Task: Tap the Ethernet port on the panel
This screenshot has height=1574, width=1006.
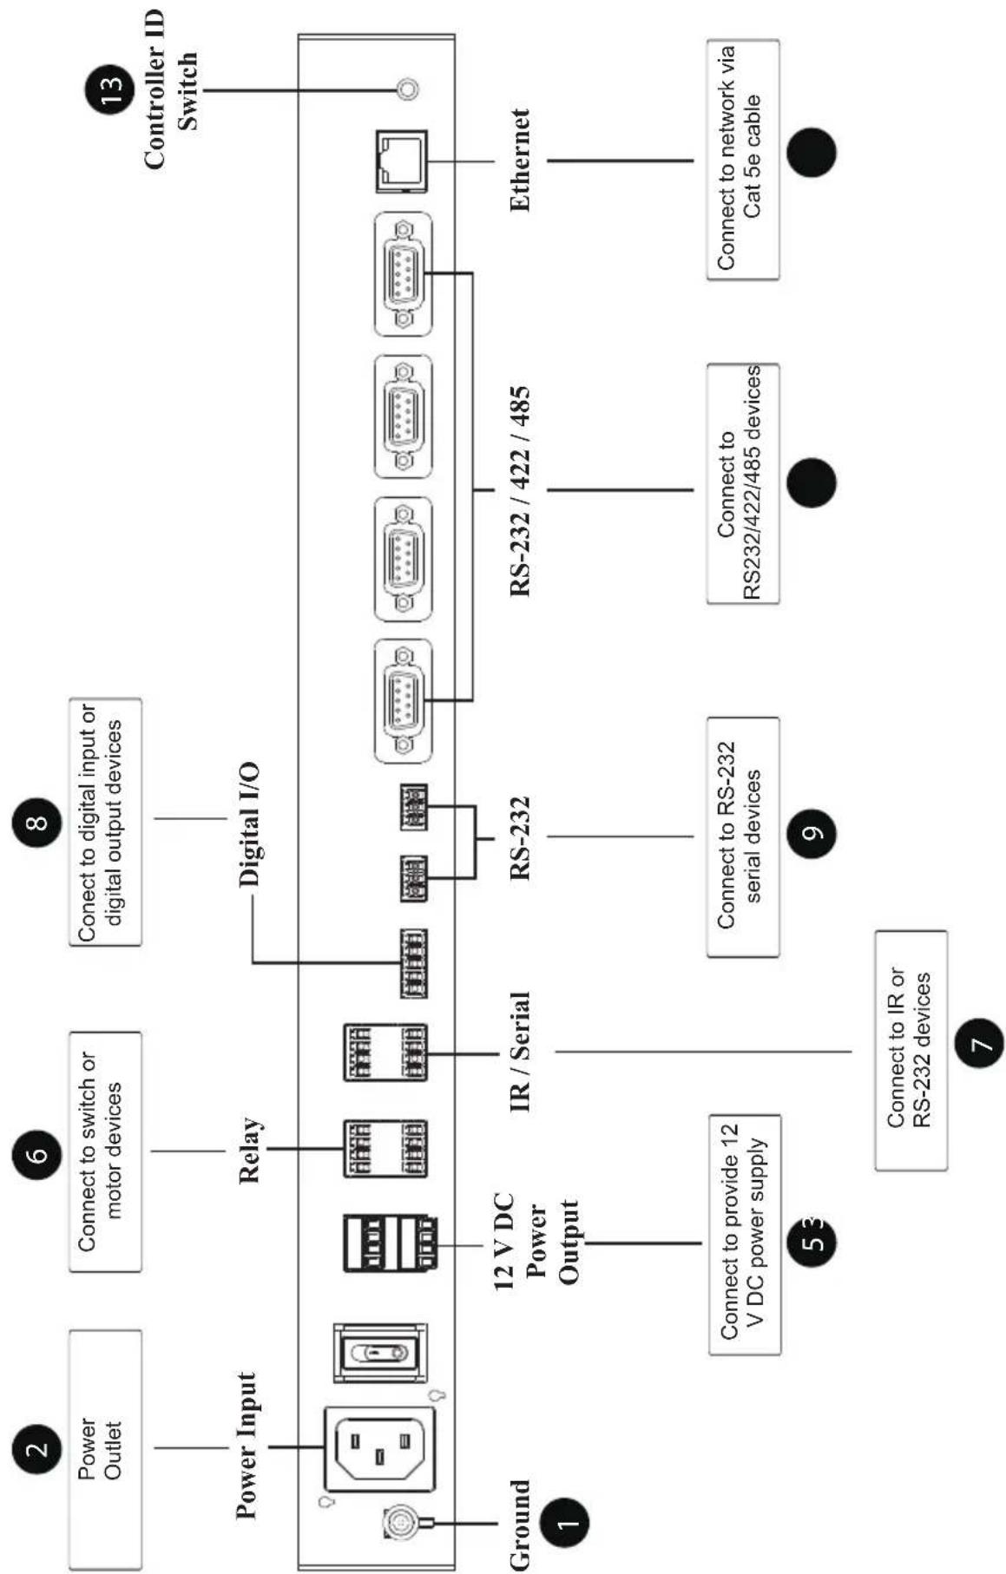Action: [402, 161]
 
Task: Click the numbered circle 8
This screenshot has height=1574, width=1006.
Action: [37, 821]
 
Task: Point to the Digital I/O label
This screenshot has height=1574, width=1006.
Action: [250, 824]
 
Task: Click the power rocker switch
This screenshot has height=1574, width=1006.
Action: [381, 1353]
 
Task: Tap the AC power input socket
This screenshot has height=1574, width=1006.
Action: [379, 1448]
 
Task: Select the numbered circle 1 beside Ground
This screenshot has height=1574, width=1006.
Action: [564, 1522]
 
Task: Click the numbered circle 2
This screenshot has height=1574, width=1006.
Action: [37, 1448]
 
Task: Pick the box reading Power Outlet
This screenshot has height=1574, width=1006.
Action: [105, 1448]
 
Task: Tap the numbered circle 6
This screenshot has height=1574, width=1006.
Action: [37, 1153]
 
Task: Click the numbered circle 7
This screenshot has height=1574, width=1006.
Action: [979, 1040]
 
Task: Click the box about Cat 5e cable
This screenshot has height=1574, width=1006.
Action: [743, 160]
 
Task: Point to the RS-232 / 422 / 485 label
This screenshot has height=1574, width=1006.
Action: [520, 491]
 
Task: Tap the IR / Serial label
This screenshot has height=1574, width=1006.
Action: [520, 1053]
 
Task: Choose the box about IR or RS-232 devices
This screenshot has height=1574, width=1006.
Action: [911, 1050]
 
